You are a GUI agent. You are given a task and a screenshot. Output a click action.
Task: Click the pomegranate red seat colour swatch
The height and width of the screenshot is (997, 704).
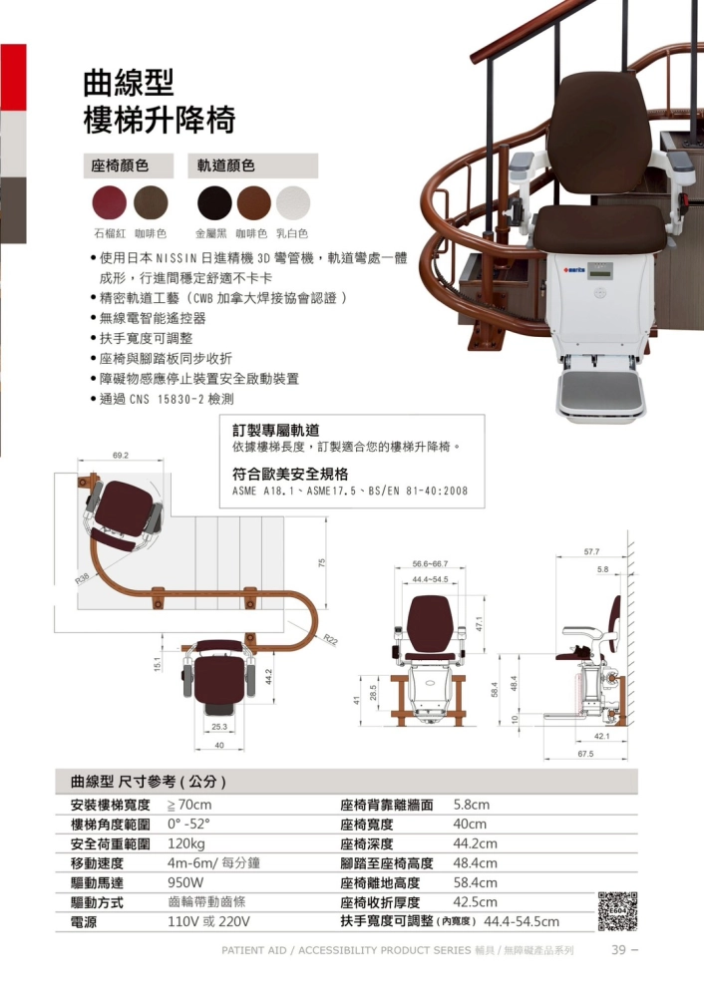point(110,202)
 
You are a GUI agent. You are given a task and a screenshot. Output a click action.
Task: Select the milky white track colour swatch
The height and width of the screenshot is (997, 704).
point(293,202)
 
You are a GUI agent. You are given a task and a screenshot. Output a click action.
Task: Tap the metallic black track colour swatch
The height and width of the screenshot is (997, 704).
point(214,202)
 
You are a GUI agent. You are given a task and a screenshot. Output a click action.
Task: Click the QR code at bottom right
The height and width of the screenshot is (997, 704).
point(617,911)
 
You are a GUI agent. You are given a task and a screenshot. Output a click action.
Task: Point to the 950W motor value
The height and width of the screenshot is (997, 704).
point(185,882)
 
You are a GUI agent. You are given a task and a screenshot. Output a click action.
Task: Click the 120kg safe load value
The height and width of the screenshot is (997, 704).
point(186,843)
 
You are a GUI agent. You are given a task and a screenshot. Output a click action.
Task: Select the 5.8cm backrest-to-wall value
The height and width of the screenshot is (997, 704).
point(472,805)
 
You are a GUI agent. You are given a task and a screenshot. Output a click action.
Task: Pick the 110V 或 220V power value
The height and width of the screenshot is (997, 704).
point(208,921)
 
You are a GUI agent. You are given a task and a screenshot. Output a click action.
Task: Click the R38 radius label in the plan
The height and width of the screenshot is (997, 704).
point(83,578)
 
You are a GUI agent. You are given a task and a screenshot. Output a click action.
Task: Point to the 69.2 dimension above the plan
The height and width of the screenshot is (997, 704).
point(121,456)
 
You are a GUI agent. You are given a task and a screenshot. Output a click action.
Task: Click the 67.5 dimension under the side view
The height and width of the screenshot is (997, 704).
point(585,754)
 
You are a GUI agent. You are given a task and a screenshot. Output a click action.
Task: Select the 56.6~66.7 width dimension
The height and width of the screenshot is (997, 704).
point(430,563)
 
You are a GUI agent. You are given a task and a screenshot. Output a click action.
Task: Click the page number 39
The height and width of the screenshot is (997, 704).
point(619,949)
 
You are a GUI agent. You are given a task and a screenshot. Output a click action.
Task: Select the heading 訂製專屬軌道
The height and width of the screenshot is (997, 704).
point(275,431)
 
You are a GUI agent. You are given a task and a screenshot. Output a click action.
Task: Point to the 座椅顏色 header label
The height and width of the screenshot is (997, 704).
point(120,166)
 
